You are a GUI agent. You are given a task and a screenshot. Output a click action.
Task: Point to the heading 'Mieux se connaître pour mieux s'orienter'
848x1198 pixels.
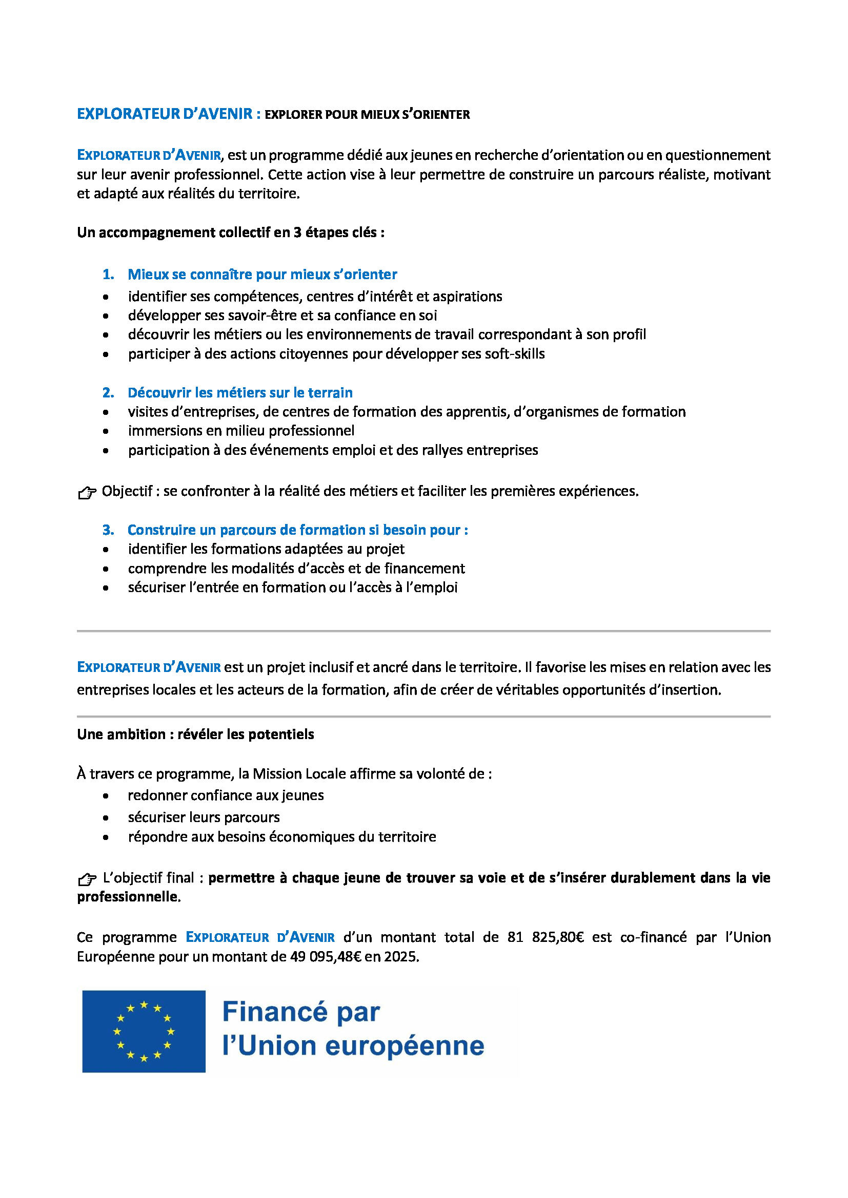[x=262, y=275]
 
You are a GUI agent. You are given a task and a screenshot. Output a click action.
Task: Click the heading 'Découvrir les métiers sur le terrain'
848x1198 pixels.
[x=240, y=392]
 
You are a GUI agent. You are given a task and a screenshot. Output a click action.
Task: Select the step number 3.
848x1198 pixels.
[x=108, y=530]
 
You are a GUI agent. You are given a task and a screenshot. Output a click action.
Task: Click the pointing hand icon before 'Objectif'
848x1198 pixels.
[x=87, y=492]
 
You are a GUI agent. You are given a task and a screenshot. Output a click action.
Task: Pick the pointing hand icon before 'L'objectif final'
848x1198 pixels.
[x=87, y=879]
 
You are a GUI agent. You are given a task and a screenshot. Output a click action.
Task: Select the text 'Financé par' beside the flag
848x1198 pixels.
[x=301, y=1012]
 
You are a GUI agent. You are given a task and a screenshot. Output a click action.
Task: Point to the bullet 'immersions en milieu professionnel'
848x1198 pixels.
[x=241, y=430]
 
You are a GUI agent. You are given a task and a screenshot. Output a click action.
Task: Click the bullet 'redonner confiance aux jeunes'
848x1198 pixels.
[x=226, y=795]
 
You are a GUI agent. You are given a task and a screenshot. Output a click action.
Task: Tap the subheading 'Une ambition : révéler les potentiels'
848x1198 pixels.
[x=195, y=734]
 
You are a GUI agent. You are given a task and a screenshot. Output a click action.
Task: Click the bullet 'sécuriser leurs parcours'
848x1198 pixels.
[x=204, y=817]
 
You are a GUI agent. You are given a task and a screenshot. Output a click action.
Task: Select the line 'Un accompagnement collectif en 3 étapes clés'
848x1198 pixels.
[x=230, y=232]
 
